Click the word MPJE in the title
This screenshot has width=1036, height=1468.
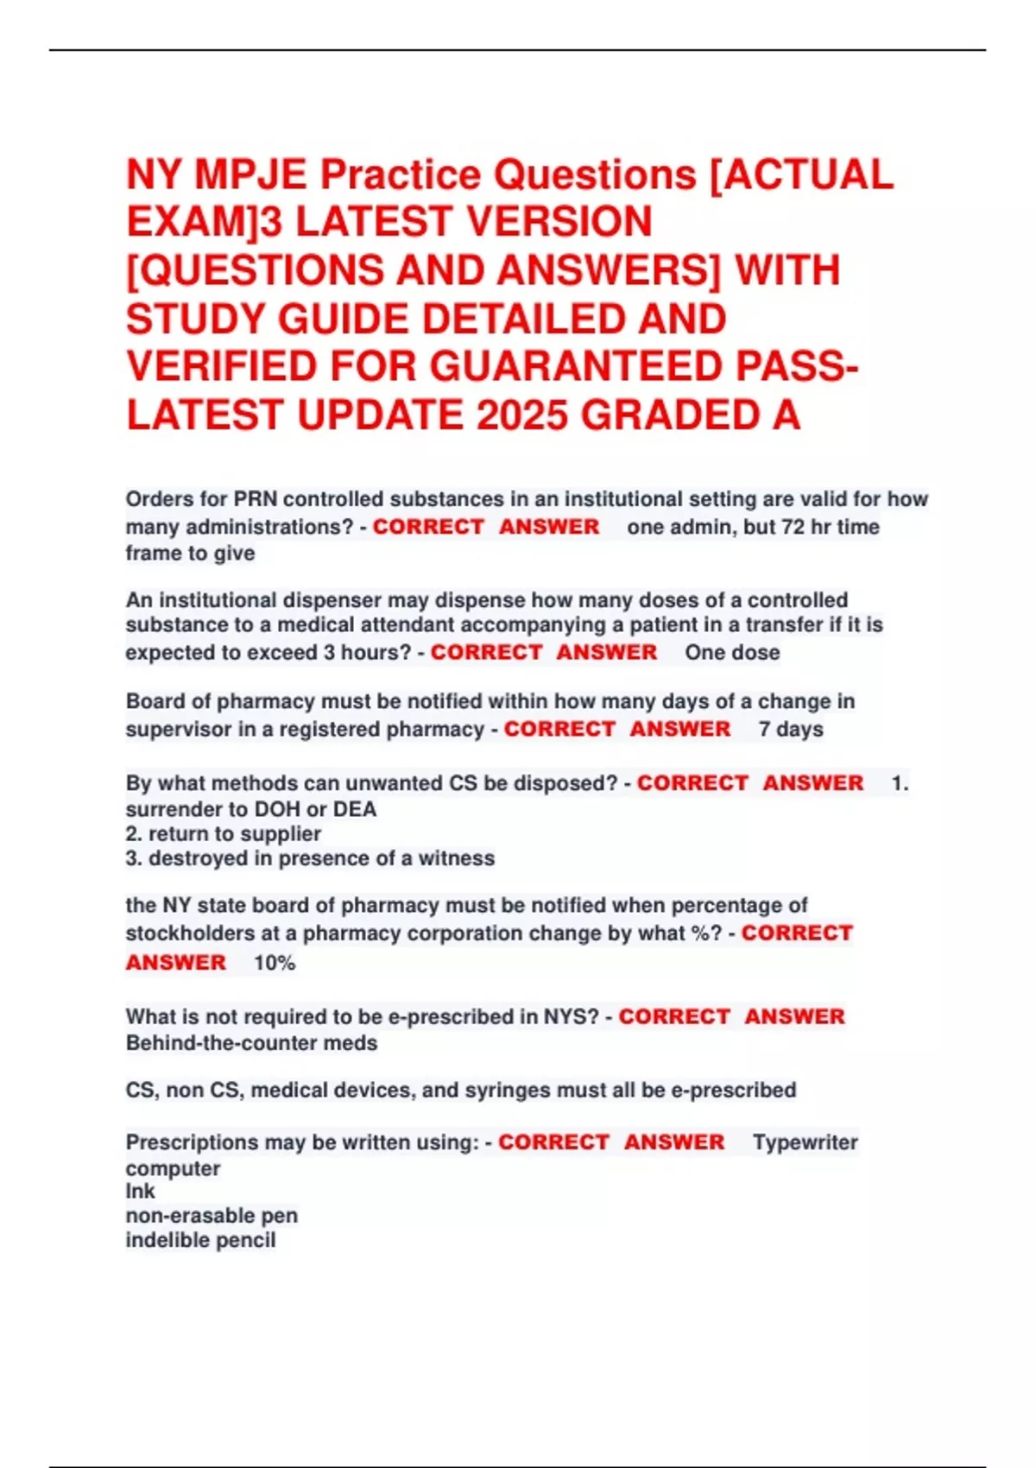250,175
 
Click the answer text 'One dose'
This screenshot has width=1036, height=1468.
732,653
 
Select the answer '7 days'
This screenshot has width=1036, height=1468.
791,730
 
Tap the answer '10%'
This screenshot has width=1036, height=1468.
275,963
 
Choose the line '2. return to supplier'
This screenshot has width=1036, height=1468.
224,834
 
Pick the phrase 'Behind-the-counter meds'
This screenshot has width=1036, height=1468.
251,1043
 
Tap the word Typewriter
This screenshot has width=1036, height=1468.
805,1142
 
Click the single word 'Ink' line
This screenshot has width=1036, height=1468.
140,1192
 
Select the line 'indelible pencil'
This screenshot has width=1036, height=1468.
200,1240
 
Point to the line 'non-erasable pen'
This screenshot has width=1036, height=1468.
212,1216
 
